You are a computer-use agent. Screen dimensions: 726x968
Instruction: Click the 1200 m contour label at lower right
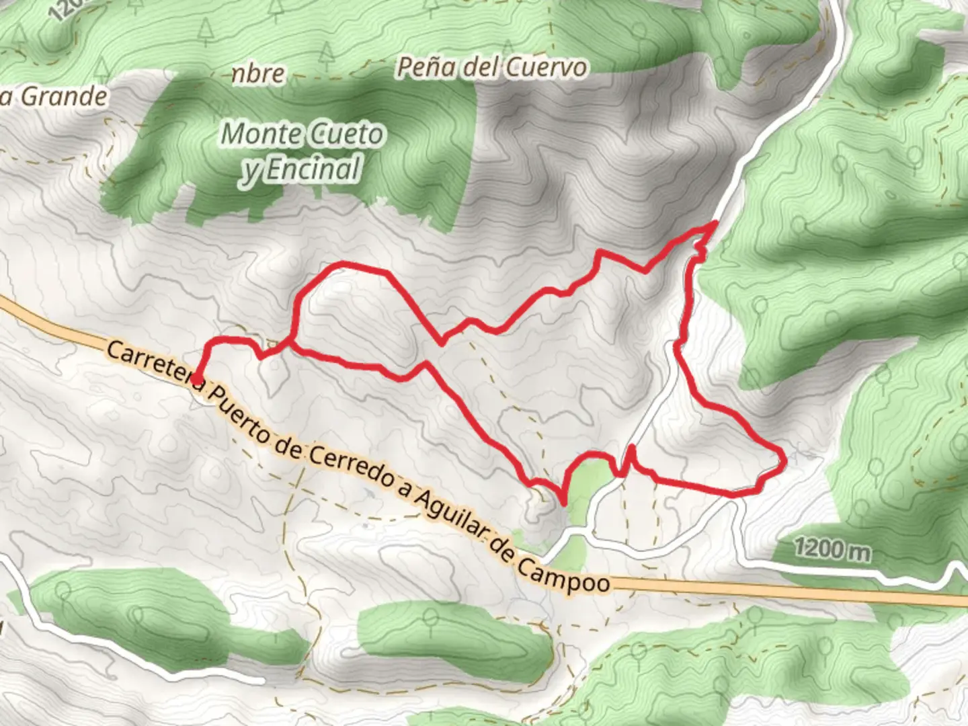832,550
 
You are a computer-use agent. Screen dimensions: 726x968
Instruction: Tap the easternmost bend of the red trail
784,458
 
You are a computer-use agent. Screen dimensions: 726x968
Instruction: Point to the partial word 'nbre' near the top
258,73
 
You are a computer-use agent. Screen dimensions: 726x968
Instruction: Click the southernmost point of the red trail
563,502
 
